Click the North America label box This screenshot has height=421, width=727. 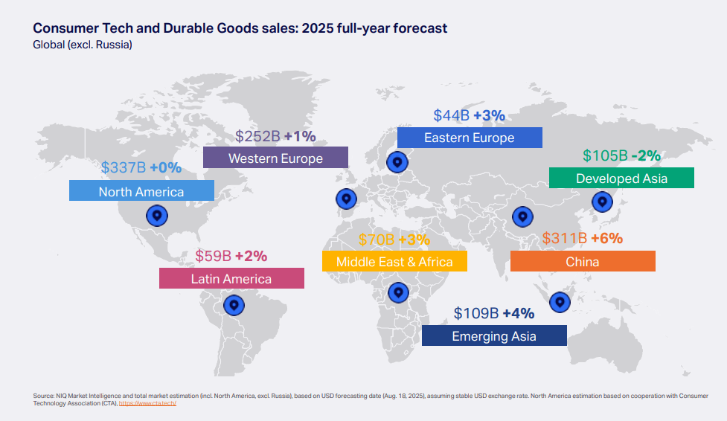pyautogui.click(x=141, y=191)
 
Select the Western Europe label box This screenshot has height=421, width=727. pyautogui.click(x=275, y=158)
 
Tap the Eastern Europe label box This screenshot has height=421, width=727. pyautogui.click(x=469, y=138)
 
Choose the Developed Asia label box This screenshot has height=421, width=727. pyautogui.click(x=621, y=178)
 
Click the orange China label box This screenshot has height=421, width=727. pyautogui.click(x=582, y=261)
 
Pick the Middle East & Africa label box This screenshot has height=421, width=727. pyautogui.click(x=394, y=261)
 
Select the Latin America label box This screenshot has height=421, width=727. pyautogui.click(x=231, y=279)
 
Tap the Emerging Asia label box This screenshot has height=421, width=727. pyautogui.click(x=493, y=336)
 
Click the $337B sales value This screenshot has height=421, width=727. pyautogui.click(x=124, y=167)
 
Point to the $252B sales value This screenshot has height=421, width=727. pyautogui.click(x=257, y=136)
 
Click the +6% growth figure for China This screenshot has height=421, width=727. pyautogui.click(x=606, y=239)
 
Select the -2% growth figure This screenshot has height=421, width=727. pyautogui.click(x=646, y=155)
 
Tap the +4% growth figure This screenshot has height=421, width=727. pyautogui.click(x=519, y=313)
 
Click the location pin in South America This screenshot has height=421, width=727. pyautogui.click(x=234, y=305)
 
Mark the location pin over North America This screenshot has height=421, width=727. pyautogui.click(x=156, y=216)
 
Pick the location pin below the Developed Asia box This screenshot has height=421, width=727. pyautogui.click(x=601, y=201)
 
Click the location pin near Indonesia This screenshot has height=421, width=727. pyautogui.click(x=560, y=302)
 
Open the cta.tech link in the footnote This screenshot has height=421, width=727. pyautogui.click(x=147, y=403)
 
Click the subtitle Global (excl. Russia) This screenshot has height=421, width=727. pyautogui.click(x=83, y=45)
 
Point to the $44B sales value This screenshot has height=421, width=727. pyautogui.click(x=451, y=115)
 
